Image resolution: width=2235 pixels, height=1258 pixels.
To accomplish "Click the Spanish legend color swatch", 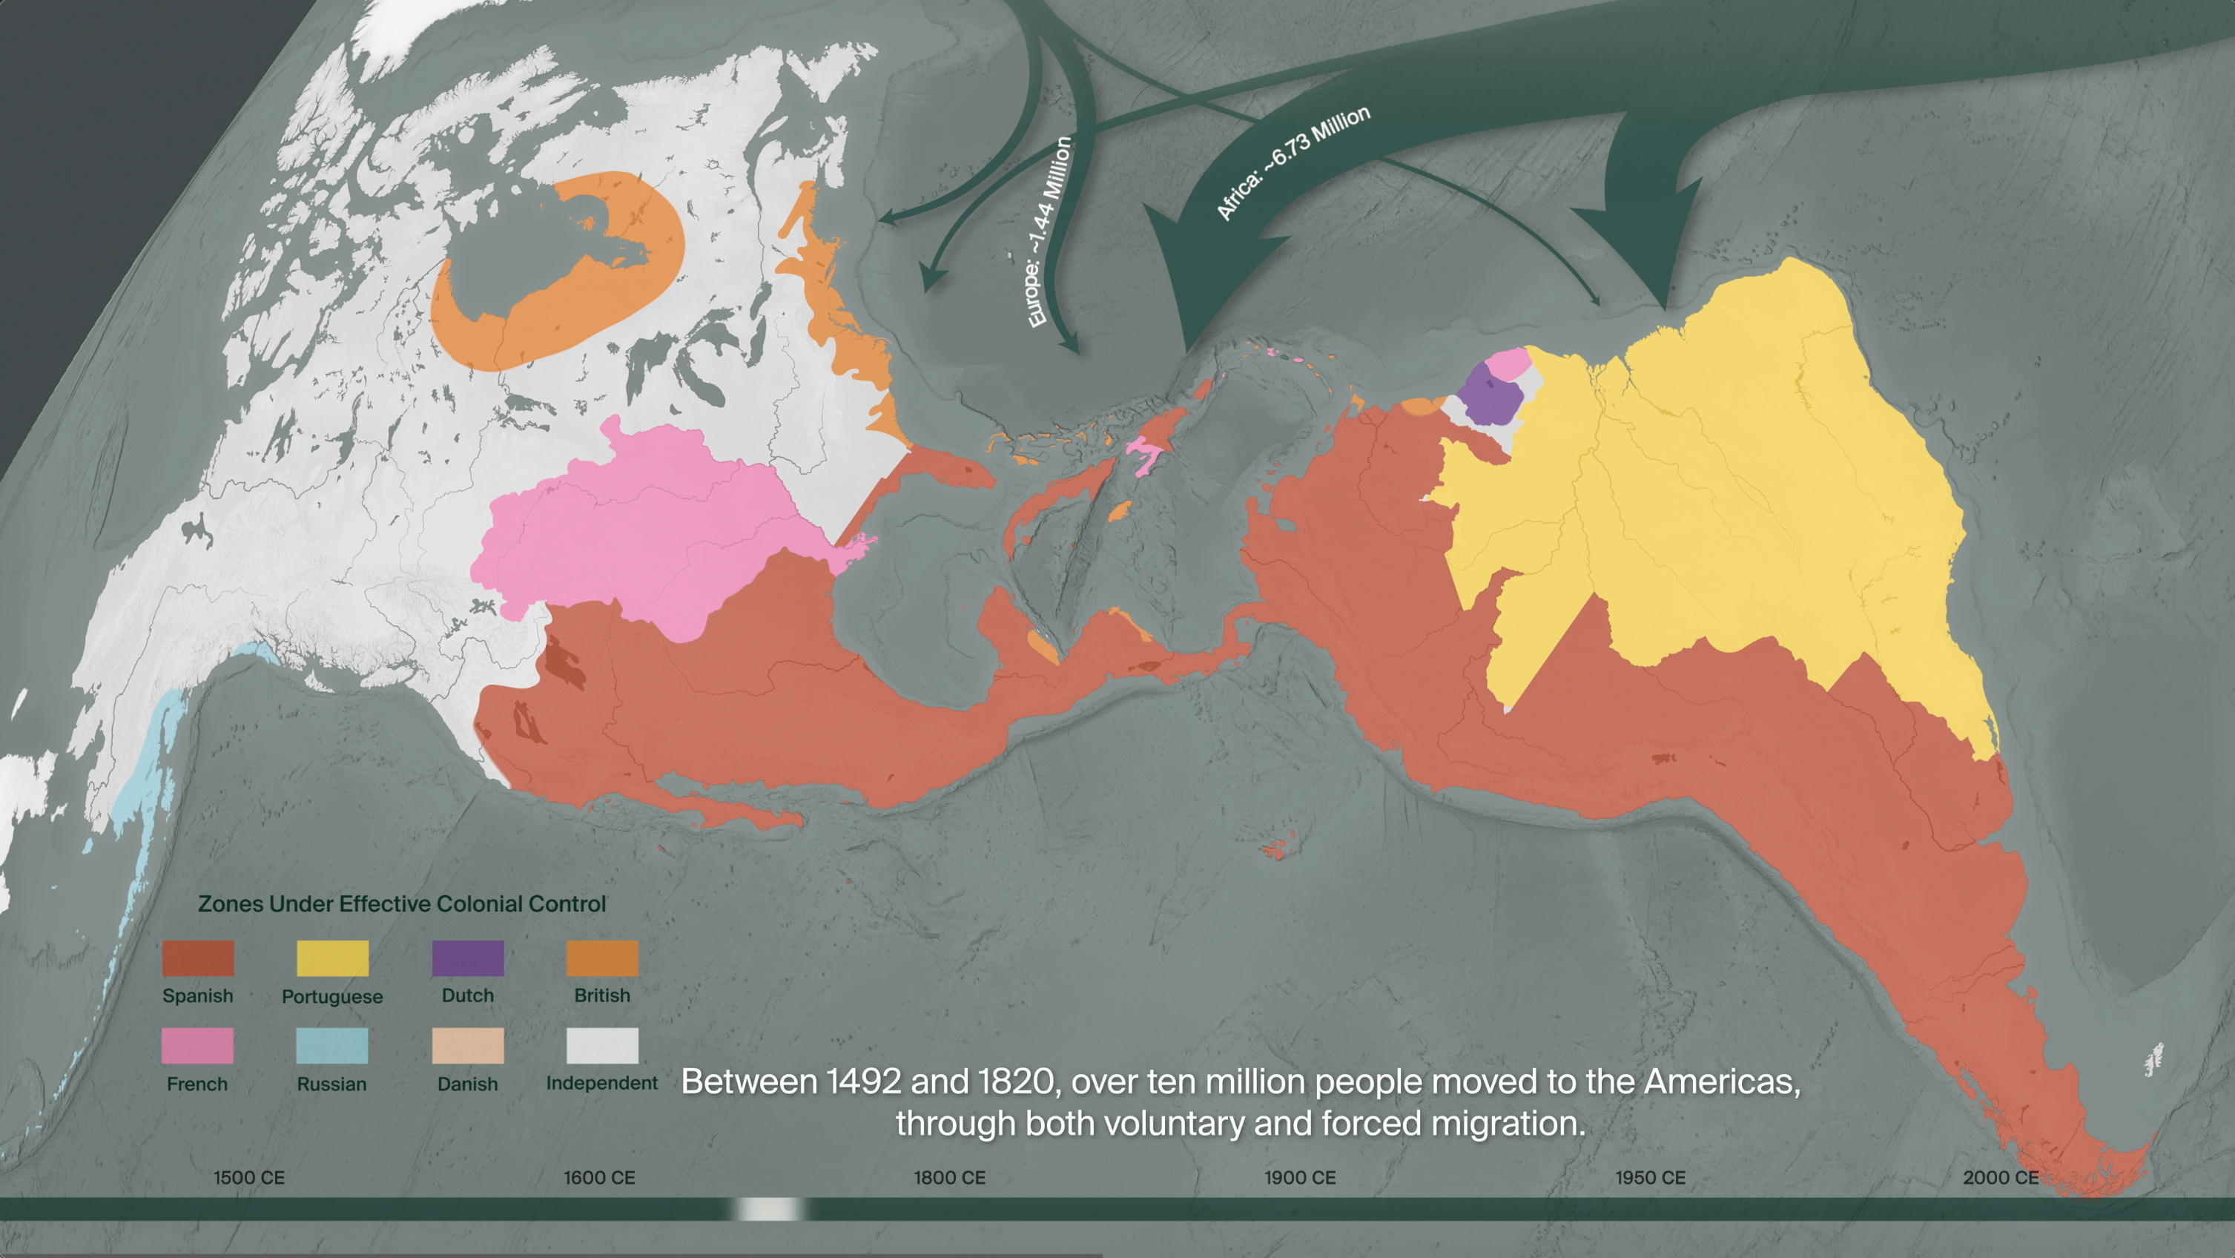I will [198, 958].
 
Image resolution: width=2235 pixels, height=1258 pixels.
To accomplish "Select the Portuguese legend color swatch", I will [332, 958].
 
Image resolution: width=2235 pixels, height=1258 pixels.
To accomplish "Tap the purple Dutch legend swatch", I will [468, 958].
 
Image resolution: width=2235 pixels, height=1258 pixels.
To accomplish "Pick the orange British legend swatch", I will [602, 958].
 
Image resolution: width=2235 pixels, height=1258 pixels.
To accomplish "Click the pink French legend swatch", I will [197, 1045].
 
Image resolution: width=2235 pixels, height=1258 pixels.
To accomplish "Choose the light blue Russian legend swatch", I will [331, 1045].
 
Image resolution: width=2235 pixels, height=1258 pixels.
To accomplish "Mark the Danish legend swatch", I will [468, 1045].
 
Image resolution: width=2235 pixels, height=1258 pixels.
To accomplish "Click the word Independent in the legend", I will [601, 1083].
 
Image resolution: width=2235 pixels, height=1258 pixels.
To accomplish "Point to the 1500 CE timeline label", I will [249, 1177].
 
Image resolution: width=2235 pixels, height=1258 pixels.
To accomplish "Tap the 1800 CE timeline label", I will [949, 1177].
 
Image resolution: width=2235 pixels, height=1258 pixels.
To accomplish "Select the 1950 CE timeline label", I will [1649, 1177].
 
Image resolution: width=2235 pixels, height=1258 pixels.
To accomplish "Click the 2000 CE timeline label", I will [2000, 1177].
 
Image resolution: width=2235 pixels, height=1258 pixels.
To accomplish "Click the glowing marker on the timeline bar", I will [770, 1208].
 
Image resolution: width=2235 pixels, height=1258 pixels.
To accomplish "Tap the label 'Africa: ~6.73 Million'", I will [1293, 162].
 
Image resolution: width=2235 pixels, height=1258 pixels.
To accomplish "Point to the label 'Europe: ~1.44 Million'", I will [1050, 232].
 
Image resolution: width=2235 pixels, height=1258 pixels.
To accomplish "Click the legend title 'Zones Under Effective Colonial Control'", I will [402, 903].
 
